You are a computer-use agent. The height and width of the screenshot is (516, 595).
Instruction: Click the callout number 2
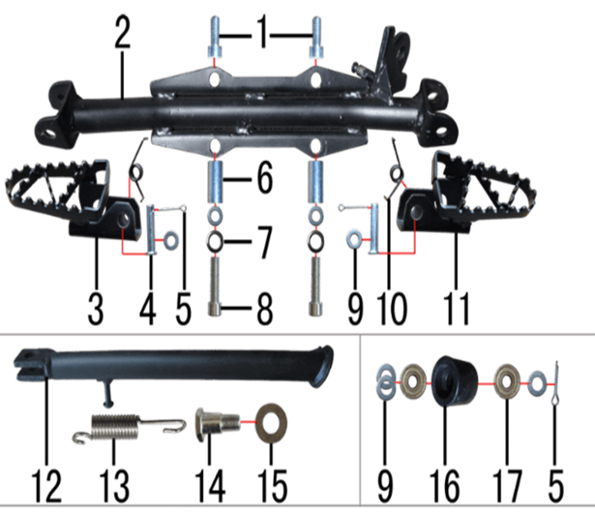pos(122,32)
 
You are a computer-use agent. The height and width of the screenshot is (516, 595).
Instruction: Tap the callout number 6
pos(265,178)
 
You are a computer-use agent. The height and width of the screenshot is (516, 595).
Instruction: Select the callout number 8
pos(265,309)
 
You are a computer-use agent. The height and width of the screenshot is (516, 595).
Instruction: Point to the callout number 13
pos(114,486)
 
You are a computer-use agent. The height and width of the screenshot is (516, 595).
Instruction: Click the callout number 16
pos(444,486)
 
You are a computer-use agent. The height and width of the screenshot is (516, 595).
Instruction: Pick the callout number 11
pos(456,309)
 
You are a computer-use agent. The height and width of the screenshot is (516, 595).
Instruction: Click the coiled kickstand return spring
pos(129,428)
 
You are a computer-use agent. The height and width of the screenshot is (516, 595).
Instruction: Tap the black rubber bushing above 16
pos(455,381)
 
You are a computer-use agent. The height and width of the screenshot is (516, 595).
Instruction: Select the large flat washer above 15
pos(271,423)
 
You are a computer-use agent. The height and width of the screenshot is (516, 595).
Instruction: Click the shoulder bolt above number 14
pos(217,424)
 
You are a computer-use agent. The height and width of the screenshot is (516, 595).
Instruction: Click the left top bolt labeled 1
pos(215,37)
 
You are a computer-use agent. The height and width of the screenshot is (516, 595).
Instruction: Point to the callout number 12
pos(45,486)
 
